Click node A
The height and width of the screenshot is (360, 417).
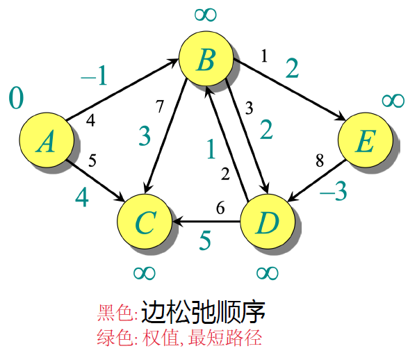tap(47, 142)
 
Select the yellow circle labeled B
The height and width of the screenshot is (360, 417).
tap(206, 60)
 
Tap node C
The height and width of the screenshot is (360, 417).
tap(145, 222)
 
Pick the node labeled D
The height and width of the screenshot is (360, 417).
tap(267, 222)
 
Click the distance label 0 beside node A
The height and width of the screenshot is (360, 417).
tap(16, 98)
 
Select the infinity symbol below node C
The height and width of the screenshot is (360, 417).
tap(145, 271)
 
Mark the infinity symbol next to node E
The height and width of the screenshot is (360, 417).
tap(393, 100)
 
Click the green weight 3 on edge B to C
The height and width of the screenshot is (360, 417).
tap(144, 136)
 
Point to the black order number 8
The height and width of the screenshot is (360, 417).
tap(320, 162)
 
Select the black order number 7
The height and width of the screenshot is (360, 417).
tap(160, 107)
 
